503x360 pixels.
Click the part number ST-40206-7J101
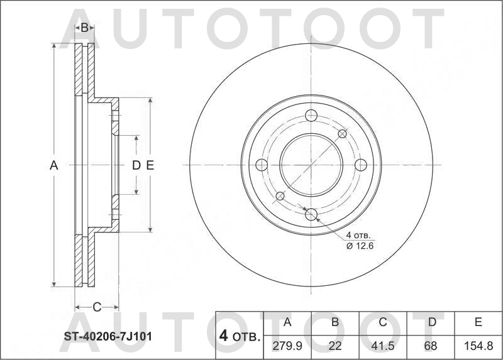point(108,336)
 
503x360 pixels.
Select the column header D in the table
point(431,322)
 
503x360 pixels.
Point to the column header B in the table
point(335,322)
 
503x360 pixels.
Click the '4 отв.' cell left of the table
point(239,336)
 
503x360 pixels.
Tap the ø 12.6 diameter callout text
point(360,246)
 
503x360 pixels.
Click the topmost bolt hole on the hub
point(311,115)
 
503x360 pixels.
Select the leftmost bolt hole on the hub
point(262,165)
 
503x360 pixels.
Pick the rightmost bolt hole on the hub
point(360,165)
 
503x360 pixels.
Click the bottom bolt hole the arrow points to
point(311,214)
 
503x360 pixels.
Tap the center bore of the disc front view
point(311,165)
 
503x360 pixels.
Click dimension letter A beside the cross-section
point(54,165)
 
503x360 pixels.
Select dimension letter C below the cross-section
point(97,307)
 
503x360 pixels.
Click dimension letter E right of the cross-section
point(150,165)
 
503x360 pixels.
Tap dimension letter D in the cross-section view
point(136,165)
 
